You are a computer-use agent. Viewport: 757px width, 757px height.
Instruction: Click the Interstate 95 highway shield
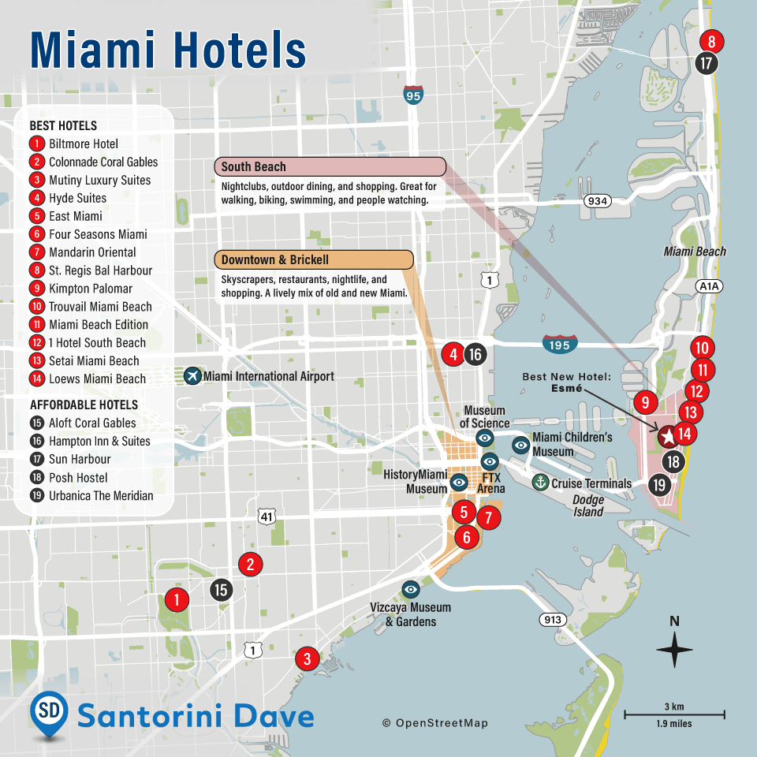click(412, 95)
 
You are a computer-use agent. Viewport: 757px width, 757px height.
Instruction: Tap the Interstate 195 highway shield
click(559, 344)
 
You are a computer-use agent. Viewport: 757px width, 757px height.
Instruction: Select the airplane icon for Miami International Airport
click(192, 376)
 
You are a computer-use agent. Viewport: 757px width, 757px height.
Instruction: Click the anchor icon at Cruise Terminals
click(540, 483)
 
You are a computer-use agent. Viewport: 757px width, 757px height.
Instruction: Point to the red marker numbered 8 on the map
click(711, 42)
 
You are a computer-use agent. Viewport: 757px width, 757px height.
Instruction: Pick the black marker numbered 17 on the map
click(707, 63)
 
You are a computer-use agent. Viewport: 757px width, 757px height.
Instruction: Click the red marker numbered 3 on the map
click(308, 658)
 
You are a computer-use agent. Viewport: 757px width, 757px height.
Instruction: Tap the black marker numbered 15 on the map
click(222, 589)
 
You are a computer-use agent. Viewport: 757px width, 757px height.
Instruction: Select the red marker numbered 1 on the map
click(177, 600)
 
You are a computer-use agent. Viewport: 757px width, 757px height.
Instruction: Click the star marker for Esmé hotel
click(667, 434)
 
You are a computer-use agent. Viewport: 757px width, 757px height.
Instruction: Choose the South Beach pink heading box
click(330, 167)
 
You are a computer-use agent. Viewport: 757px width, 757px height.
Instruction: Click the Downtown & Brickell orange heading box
click(314, 260)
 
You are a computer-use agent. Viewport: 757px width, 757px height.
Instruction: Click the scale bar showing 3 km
click(674, 714)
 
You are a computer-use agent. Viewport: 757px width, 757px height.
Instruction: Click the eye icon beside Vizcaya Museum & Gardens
click(411, 589)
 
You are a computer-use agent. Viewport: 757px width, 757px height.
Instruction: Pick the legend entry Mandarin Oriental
click(92, 252)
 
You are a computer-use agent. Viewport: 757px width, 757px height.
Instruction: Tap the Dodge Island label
click(588, 506)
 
